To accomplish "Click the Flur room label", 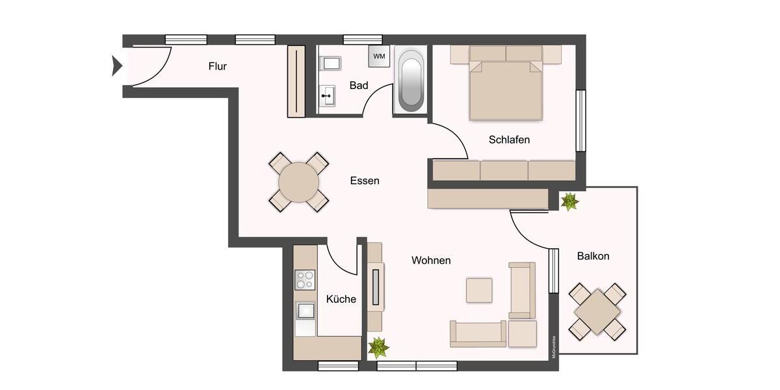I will (218, 66).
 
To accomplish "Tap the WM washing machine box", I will (379, 56).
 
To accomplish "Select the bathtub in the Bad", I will (411, 81).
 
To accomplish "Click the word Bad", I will (359, 85).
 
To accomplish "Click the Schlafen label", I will (509, 140).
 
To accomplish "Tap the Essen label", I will (364, 181).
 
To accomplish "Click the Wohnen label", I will (431, 260).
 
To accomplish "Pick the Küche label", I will (341, 299).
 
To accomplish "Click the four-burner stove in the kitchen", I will (305, 279).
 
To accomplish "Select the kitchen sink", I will (305, 312).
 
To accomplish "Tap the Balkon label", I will (593, 256).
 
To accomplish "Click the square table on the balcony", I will (597, 311).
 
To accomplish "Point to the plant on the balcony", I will (569, 201).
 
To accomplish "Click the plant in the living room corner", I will (378, 347).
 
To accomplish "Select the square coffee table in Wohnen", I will (479, 289).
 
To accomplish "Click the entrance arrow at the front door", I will (117, 65).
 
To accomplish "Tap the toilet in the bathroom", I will (330, 64).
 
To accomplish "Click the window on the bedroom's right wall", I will (580, 120).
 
